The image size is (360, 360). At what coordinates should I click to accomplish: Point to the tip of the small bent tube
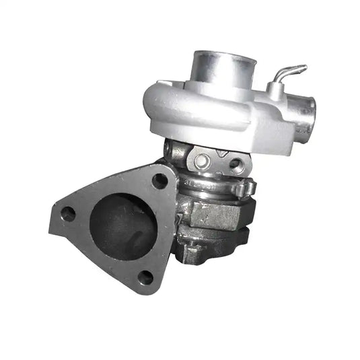click(x=303, y=67)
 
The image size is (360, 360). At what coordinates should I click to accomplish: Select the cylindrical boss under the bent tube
click(x=275, y=90)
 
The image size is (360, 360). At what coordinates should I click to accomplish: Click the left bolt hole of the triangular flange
click(x=68, y=214)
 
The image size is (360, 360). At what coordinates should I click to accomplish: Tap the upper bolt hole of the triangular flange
click(x=159, y=180)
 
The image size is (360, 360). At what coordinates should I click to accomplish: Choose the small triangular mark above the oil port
click(x=226, y=153)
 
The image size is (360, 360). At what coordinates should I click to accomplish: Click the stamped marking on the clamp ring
click(x=195, y=184)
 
